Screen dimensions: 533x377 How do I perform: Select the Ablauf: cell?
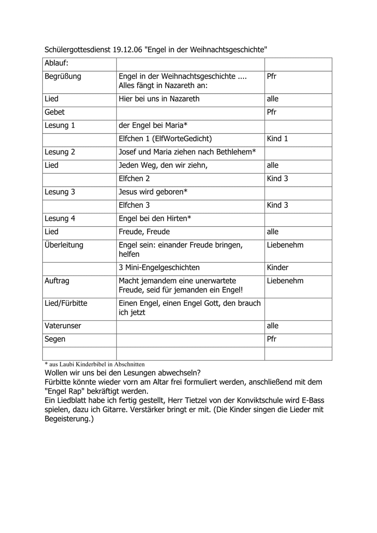point(57,63)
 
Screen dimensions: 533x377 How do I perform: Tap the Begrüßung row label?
point(63,76)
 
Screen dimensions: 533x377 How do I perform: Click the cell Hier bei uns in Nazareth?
point(159,99)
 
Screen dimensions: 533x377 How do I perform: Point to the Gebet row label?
point(55,112)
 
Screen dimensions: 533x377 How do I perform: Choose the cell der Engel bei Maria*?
point(153,125)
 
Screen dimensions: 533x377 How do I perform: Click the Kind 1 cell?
point(277,139)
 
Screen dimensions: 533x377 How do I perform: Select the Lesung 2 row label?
point(60,152)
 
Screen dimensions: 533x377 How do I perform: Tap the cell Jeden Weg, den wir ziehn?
point(163,165)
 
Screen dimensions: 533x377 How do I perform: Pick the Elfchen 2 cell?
point(134,179)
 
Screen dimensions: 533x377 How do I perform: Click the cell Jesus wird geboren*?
point(153,192)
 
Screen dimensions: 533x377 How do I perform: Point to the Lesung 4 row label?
point(60,218)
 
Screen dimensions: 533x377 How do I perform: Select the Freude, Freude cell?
point(144,232)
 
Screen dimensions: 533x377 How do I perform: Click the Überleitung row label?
point(64,245)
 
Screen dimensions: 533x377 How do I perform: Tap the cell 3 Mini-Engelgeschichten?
point(159,267)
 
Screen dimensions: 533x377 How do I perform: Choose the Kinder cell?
point(278,267)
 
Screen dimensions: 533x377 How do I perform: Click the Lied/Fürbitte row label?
point(66,303)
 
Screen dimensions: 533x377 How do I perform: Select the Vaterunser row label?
point(63,326)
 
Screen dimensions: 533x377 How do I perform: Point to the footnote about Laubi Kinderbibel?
point(95,364)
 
